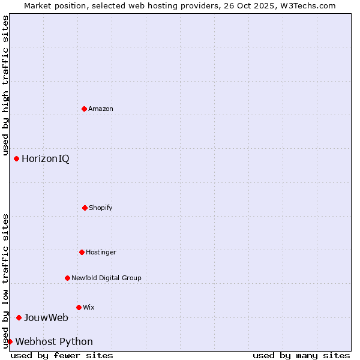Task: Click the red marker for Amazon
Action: pyautogui.click(x=84, y=109)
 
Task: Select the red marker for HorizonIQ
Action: pyautogui.click(x=17, y=158)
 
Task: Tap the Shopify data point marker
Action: pyautogui.click(x=85, y=208)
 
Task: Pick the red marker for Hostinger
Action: pyautogui.click(x=82, y=252)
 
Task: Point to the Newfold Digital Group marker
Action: pyautogui.click(x=67, y=278)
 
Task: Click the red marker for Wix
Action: pyautogui.click(x=79, y=307)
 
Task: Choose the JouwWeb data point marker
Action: pyautogui.click(x=19, y=317)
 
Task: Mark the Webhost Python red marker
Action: pyautogui.click(x=10, y=341)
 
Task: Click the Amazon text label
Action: pyautogui.click(x=101, y=109)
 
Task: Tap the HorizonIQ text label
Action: pyautogui.click(x=46, y=158)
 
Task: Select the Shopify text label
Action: pyautogui.click(x=101, y=208)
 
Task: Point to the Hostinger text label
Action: pyautogui.click(x=101, y=252)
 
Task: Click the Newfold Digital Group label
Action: pyautogui.click(x=106, y=278)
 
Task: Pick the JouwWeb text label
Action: pyautogui.click(x=46, y=317)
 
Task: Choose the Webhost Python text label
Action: pyautogui.click(x=54, y=341)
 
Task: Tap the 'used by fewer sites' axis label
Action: pyautogui.click(x=62, y=355)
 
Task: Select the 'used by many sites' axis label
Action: pyautogui.click(x=301, y=355)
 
